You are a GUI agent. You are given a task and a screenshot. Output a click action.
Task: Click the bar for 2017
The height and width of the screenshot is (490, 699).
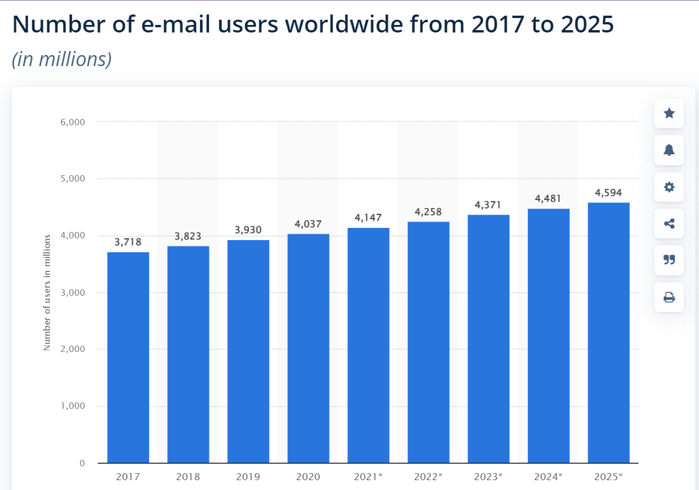point(128,357)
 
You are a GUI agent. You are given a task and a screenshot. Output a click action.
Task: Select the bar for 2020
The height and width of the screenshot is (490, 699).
point(308,348)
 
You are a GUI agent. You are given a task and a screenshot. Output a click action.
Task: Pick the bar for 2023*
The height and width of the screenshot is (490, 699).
point(488,339)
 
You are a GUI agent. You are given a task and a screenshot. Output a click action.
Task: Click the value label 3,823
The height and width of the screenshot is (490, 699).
point(188,236)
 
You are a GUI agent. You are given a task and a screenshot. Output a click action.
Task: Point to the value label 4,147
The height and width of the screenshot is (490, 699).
point(368,218)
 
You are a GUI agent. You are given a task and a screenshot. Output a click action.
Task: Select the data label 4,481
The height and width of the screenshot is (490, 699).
point(548,199)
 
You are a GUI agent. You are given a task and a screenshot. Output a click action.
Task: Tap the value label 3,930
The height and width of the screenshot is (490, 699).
point(248,230)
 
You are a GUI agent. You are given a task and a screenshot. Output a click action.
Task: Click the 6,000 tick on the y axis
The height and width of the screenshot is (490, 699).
point(73,122)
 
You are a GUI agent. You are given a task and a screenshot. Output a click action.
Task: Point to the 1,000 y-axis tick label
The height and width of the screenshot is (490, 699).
point(73,406)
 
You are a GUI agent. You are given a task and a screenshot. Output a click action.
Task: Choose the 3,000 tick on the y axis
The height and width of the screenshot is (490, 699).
point(73,293)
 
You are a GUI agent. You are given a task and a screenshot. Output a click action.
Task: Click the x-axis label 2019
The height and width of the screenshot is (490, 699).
point(248,477)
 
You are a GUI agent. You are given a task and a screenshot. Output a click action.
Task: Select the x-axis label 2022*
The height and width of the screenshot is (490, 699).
point(428,477)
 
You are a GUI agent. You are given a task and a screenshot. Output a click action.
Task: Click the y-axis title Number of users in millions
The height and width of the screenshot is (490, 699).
point(48,292)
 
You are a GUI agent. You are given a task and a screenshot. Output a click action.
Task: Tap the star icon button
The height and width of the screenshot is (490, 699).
point(669,114)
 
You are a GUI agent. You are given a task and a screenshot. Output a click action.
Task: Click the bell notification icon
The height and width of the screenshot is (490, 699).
point(669,150)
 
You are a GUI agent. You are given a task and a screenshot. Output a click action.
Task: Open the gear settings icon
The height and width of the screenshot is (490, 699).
point(669,187)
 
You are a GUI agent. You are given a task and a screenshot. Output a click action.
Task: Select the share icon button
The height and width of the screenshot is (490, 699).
point(669,223)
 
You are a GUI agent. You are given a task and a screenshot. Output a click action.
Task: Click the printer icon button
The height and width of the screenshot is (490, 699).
point(669,297)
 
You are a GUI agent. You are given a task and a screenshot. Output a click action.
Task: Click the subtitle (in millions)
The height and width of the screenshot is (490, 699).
point(61,59)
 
